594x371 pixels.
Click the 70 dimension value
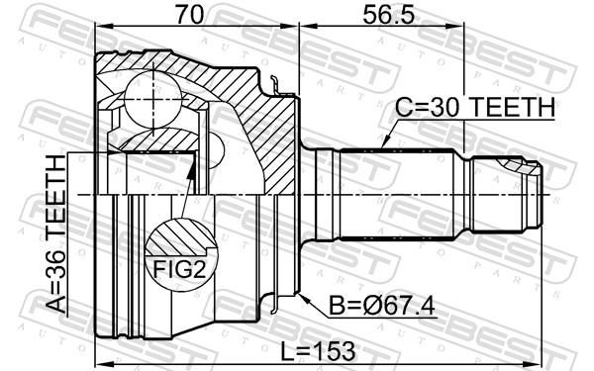point(189,15)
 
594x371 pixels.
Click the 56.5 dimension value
point(388,15)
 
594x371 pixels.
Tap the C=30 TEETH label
point(475,107)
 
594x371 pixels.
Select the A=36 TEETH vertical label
point(56,234)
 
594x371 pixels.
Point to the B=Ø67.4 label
point(382,306)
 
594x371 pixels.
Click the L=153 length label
point(318,351)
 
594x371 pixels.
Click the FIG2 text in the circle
point(179,270)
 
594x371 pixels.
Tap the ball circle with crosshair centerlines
point(153,98)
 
